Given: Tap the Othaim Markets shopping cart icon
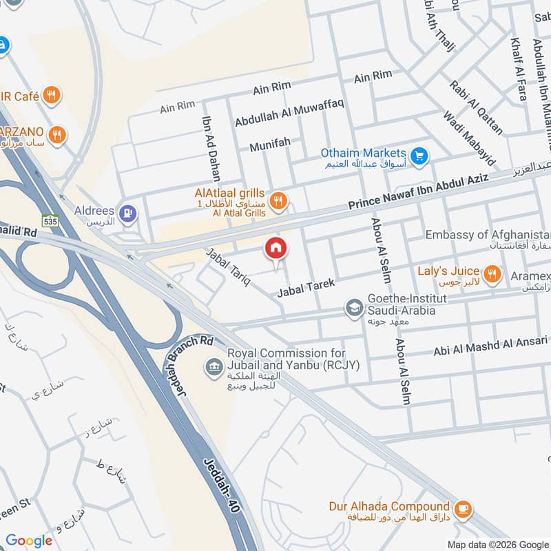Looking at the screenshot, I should pos(418,156).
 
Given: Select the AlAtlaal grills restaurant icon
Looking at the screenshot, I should pos(278,200).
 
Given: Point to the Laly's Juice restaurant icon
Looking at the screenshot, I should pos(492,275).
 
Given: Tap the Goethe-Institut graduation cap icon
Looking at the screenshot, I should pos(354,308).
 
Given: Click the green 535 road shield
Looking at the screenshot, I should pos(49,222).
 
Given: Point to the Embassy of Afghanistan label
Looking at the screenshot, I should pos(488,235).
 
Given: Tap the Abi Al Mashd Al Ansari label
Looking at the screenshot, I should pos(490,346).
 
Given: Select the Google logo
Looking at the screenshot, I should pos(29,541).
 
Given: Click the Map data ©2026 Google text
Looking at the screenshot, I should pos(497,543).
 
